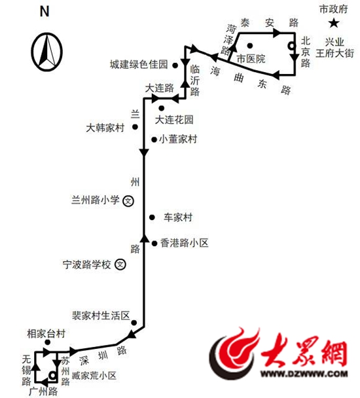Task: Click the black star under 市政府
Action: click(x=334, y=24)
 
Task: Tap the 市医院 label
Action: click(x=251, y=59)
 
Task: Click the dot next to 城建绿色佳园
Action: click(x=175, y=65)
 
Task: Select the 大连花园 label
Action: click(x=174, y=120)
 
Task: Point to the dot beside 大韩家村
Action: click(x=135, y=126)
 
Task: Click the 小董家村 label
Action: click(x=178, y=139)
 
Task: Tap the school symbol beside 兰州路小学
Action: click(x=128, y=201)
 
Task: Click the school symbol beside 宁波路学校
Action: click(x=120, y=264)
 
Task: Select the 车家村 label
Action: click(x=178, y=217)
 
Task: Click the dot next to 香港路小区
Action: click(x=154, y=244)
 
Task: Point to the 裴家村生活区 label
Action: click(x=101, y=316)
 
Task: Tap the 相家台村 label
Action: click(x=46, y=334)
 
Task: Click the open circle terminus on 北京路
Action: click(x=291, y=46)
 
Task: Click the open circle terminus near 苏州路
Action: click(x=52, y=375)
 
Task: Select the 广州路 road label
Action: click(x=43, y=391)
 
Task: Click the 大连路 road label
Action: click(x=160, y=88)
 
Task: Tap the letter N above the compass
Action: click(x=45, y=12)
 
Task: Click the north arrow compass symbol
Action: click(x=46, y=52)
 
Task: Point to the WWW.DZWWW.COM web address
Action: click(x=304, y=373)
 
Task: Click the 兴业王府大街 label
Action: click(x=334, y=48)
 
